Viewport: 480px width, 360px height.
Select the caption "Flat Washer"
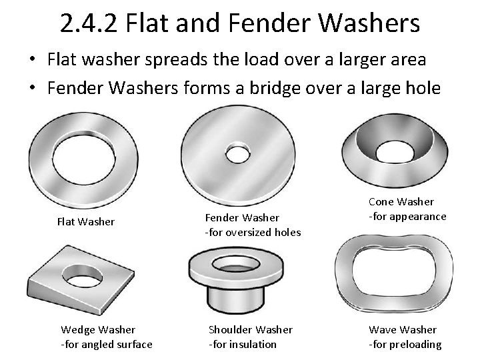click(x=85, y=221)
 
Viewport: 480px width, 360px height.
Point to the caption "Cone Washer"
click(x=401, y=201)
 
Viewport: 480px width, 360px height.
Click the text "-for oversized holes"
click(x=253, y=232)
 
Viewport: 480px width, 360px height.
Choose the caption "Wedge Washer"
click(x=98, y=329)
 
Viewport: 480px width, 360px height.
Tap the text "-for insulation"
click(x=243, y=344)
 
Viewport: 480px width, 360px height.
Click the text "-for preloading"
click(x=405, y=344)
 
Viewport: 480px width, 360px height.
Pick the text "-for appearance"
click(x=407, y=216)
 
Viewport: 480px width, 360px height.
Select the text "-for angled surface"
click(x=107, y=344)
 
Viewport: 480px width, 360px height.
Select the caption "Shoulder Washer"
click(x=250, y=329)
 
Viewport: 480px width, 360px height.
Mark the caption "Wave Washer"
click(x=403, y=329)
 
